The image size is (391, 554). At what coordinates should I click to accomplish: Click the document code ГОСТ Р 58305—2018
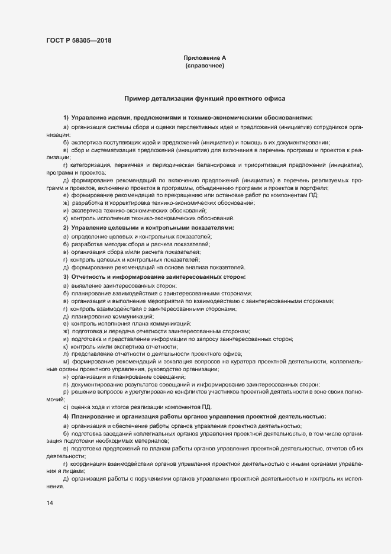point(78,41)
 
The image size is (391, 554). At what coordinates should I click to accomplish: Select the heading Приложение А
point(205,57)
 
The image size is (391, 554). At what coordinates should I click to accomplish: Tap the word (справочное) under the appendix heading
point(205,66)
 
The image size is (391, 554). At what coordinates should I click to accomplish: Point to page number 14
point(49,503)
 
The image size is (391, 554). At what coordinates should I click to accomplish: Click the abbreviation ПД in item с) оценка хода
point(205,407)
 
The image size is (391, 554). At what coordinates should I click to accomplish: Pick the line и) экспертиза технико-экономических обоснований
point(134,210)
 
